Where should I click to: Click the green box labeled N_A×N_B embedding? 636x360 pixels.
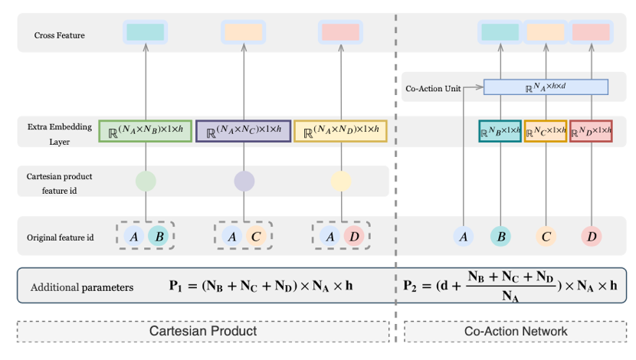(x=145, y=131)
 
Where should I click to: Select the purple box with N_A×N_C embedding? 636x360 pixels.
(x=244, y=131)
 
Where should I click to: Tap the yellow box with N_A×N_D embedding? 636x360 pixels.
(x=341, y=131)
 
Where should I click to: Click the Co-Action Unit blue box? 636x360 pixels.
(x=546, y=87)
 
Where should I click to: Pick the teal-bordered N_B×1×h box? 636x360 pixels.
(x=500, y=131)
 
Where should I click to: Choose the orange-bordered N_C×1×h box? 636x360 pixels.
(x=546, y=131)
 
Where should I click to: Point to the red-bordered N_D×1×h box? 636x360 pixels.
(x=591, y=131)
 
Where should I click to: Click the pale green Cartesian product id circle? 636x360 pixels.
(x=146, y=181)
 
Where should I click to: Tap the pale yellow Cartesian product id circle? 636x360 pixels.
(x=341, y=181)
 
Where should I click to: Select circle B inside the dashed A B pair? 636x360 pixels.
(x=159, y=237)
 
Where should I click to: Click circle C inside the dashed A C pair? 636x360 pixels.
(x=257, y=237)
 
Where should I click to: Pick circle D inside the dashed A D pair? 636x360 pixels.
(x=354, y=237)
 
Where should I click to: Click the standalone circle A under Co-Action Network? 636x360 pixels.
(x=464, y=237)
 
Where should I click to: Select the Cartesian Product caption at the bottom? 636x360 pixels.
(x=203, y=331)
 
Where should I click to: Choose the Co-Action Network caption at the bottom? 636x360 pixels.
(x=515, y=331)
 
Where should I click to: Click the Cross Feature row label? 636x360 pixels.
(x=60, y=35)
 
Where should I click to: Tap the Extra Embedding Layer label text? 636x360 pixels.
(x=60, y=131)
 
